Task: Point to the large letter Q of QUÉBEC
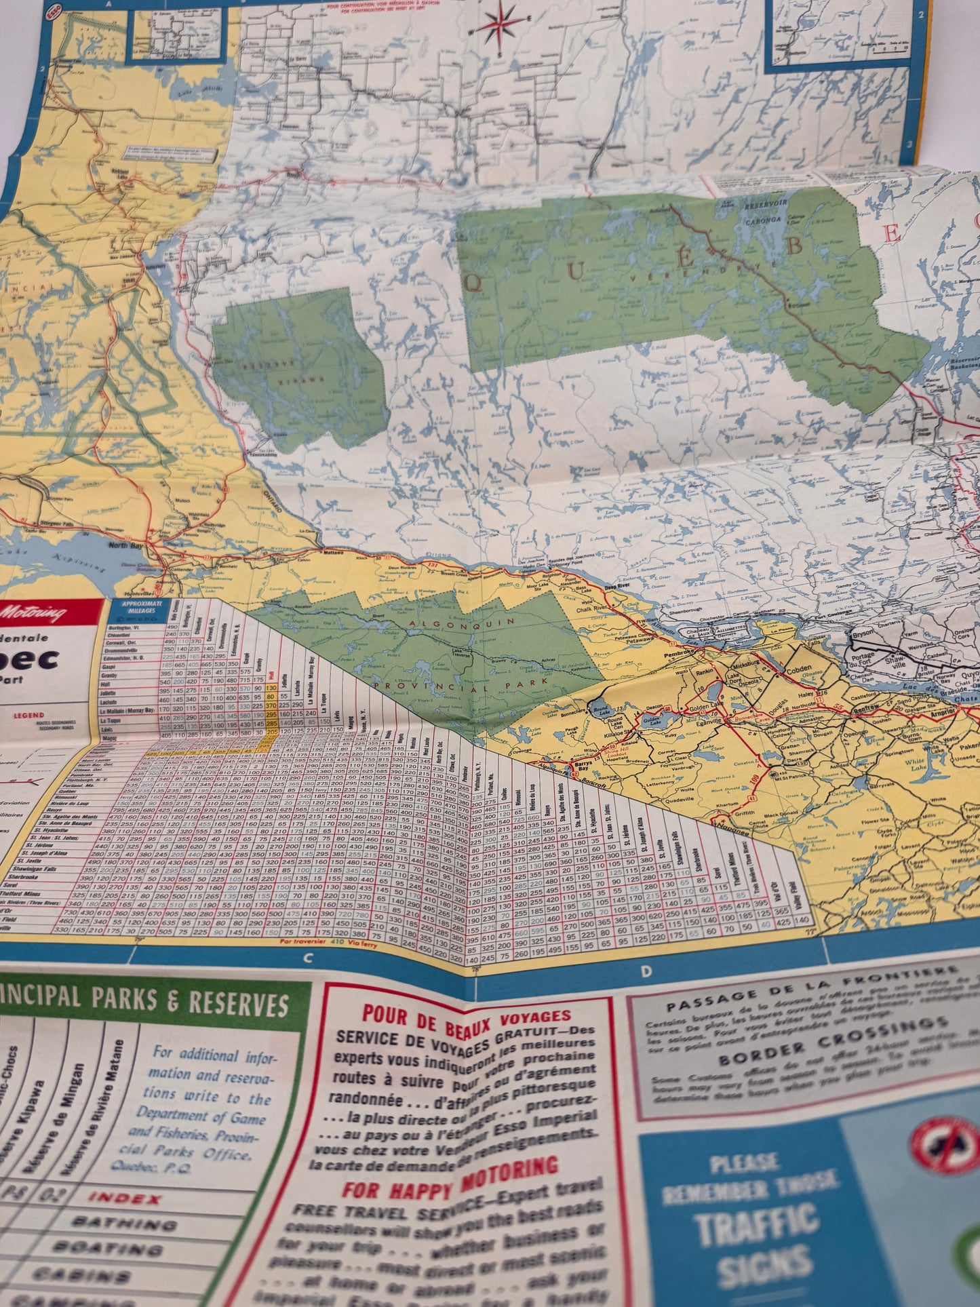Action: coord(474,284)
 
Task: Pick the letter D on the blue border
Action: coord(645,972)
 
